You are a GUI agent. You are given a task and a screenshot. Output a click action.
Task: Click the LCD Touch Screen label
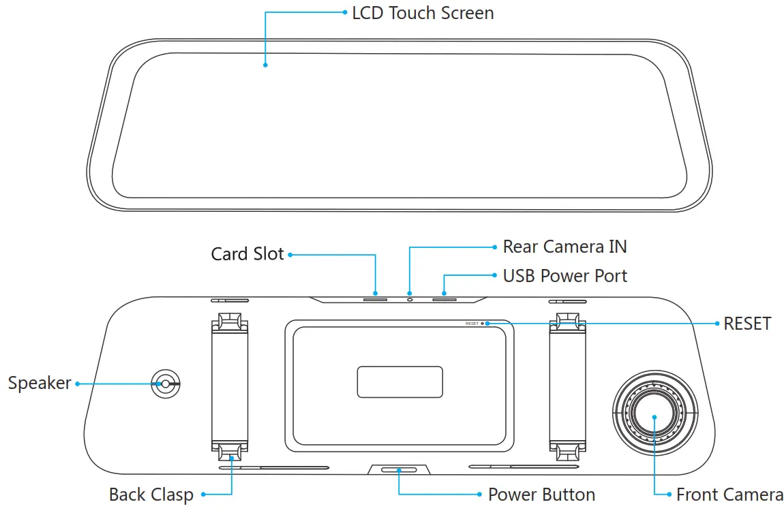423,13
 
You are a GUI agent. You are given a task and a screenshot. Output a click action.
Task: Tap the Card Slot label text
247,254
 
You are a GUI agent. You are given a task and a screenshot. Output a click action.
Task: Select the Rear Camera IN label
564,246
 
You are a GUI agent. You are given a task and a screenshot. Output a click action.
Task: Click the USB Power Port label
564,275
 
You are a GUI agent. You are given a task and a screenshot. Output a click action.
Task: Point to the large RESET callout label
747,323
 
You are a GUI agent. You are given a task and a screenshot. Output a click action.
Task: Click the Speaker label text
40,383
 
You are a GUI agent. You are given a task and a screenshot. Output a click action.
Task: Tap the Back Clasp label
151,495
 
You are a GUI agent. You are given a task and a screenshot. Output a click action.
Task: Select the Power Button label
541,495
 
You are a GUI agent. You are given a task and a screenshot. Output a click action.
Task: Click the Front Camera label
729,495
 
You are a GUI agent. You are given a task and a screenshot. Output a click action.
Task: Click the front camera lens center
654,416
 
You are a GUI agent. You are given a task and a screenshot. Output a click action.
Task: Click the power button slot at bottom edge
399,470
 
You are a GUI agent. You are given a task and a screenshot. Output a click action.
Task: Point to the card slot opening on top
375,298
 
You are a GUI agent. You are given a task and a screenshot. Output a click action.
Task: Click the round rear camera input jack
410,298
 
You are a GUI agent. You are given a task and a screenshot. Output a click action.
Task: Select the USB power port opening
444,298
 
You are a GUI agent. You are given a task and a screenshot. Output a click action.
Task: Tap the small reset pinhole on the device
483,324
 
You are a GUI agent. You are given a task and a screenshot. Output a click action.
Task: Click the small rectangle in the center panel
399,381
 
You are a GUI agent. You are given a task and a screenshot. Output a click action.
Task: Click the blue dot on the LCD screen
265,65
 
